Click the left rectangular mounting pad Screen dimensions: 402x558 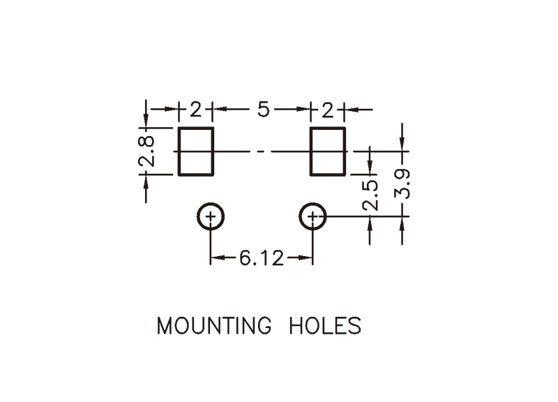[x=196, y=151]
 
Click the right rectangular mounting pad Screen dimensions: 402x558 [x=328, y=151]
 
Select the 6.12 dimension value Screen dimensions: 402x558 [x=262, y=259]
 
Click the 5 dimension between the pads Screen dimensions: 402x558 [x=263, y=110]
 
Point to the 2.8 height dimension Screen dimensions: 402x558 [x=146, y=151]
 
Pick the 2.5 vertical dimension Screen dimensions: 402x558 [x=371, y=195]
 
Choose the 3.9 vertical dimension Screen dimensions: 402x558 [x=402, y=184]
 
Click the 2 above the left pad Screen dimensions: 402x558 [x=195, y=110]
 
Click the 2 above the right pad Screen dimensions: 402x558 [x=327, y=110]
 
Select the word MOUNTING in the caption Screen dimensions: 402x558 [x=213, y=326]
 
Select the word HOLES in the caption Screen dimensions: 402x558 [x=325, y=326]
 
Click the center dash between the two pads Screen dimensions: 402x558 [x=261, y=151]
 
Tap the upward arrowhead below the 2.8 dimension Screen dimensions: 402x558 [x=146, y=181]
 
